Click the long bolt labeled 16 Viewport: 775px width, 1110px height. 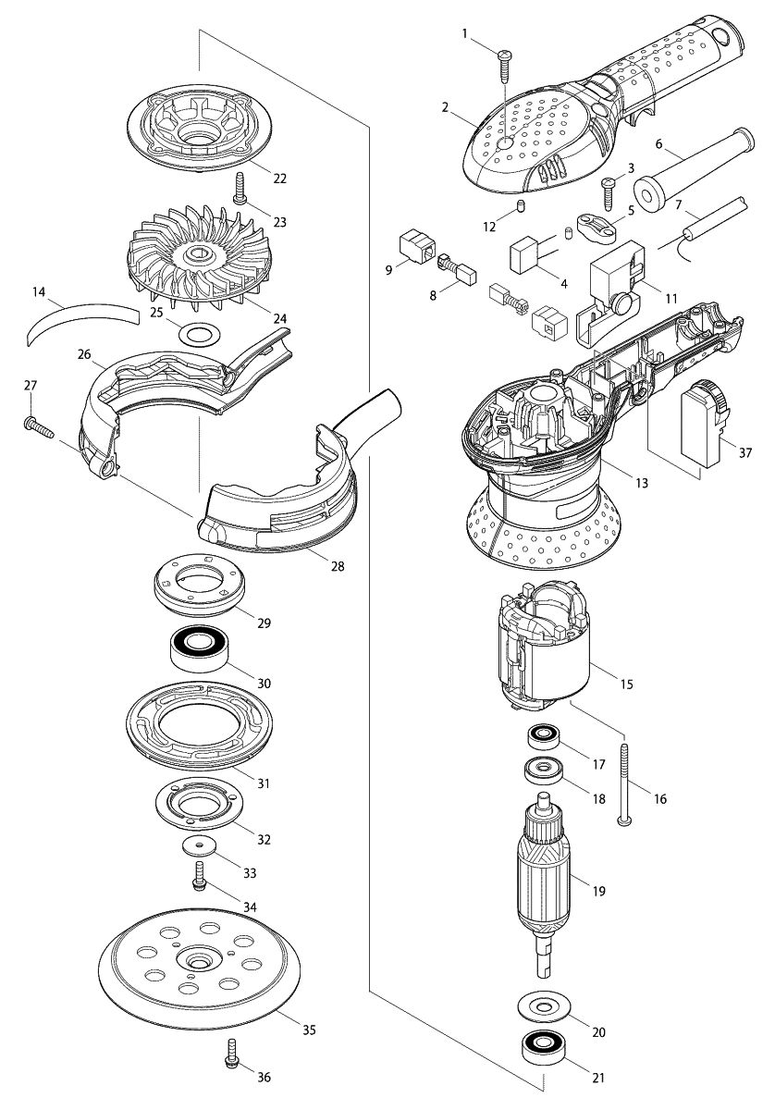coord(626,782)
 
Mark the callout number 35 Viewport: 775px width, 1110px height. coord(310,1029)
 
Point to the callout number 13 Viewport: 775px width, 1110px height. coord(643,482)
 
